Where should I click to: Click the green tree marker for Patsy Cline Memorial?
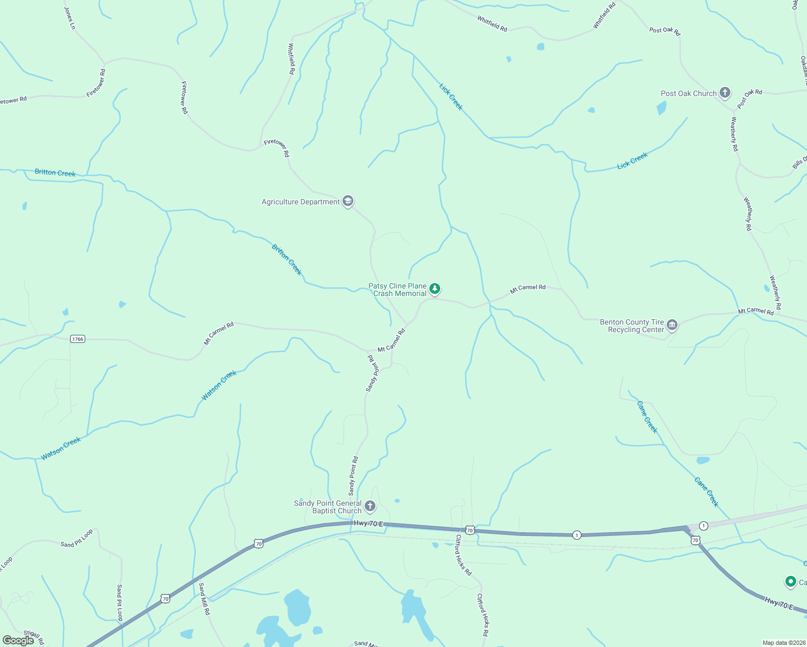pyautogui.click(x=434, y=289)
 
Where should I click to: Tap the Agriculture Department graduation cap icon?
pyautogui.click(x=348, y=201)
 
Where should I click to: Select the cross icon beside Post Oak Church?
pyautogui.click(x=724, y=93)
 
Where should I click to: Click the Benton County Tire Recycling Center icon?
pyautogui.click(x=672, y=325)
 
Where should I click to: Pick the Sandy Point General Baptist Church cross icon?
pyautogui.click(x=370, y=506)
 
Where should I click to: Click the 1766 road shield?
pyautogui.click(x=78, y=339)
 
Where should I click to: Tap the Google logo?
pyautogui.click(x=18, y=641)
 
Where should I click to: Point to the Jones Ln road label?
pyautogui.click(x=69, y=18)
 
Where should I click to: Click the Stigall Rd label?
pyautogui.click(x=33, y=637)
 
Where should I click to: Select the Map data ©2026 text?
pyautogui.click(x=783, y=643)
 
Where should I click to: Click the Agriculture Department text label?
pyautogui.click(x=300, y=202)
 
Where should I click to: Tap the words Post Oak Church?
pyautogui.click(x=688, y=93)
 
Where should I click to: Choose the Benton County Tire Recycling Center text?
pyautogui.click(x=632, y=326)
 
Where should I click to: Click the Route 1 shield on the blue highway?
pyautogui.click(x=577, y=535)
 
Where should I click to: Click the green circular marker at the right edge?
pyautogui.click(x=790, y=582)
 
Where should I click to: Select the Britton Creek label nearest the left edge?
pyautogui.click(x=55, y=173)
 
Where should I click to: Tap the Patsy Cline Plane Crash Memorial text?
pyautogui.click(x=398, y=290)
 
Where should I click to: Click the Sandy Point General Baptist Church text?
pyautogui.click(x=327, y=507)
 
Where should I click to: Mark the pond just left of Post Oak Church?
pyautogui.click(x=661, y=108)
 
